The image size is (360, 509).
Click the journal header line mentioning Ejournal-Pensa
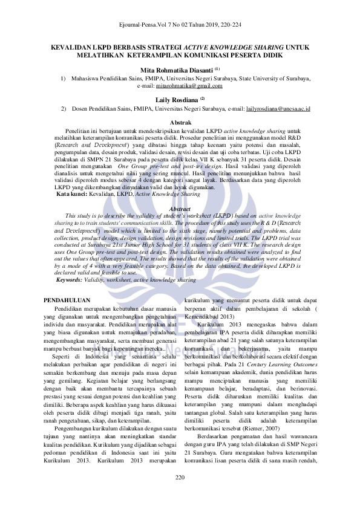coord(179,27)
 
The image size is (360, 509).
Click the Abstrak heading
coord(180,123)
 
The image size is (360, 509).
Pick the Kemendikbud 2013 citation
coord(214,316)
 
